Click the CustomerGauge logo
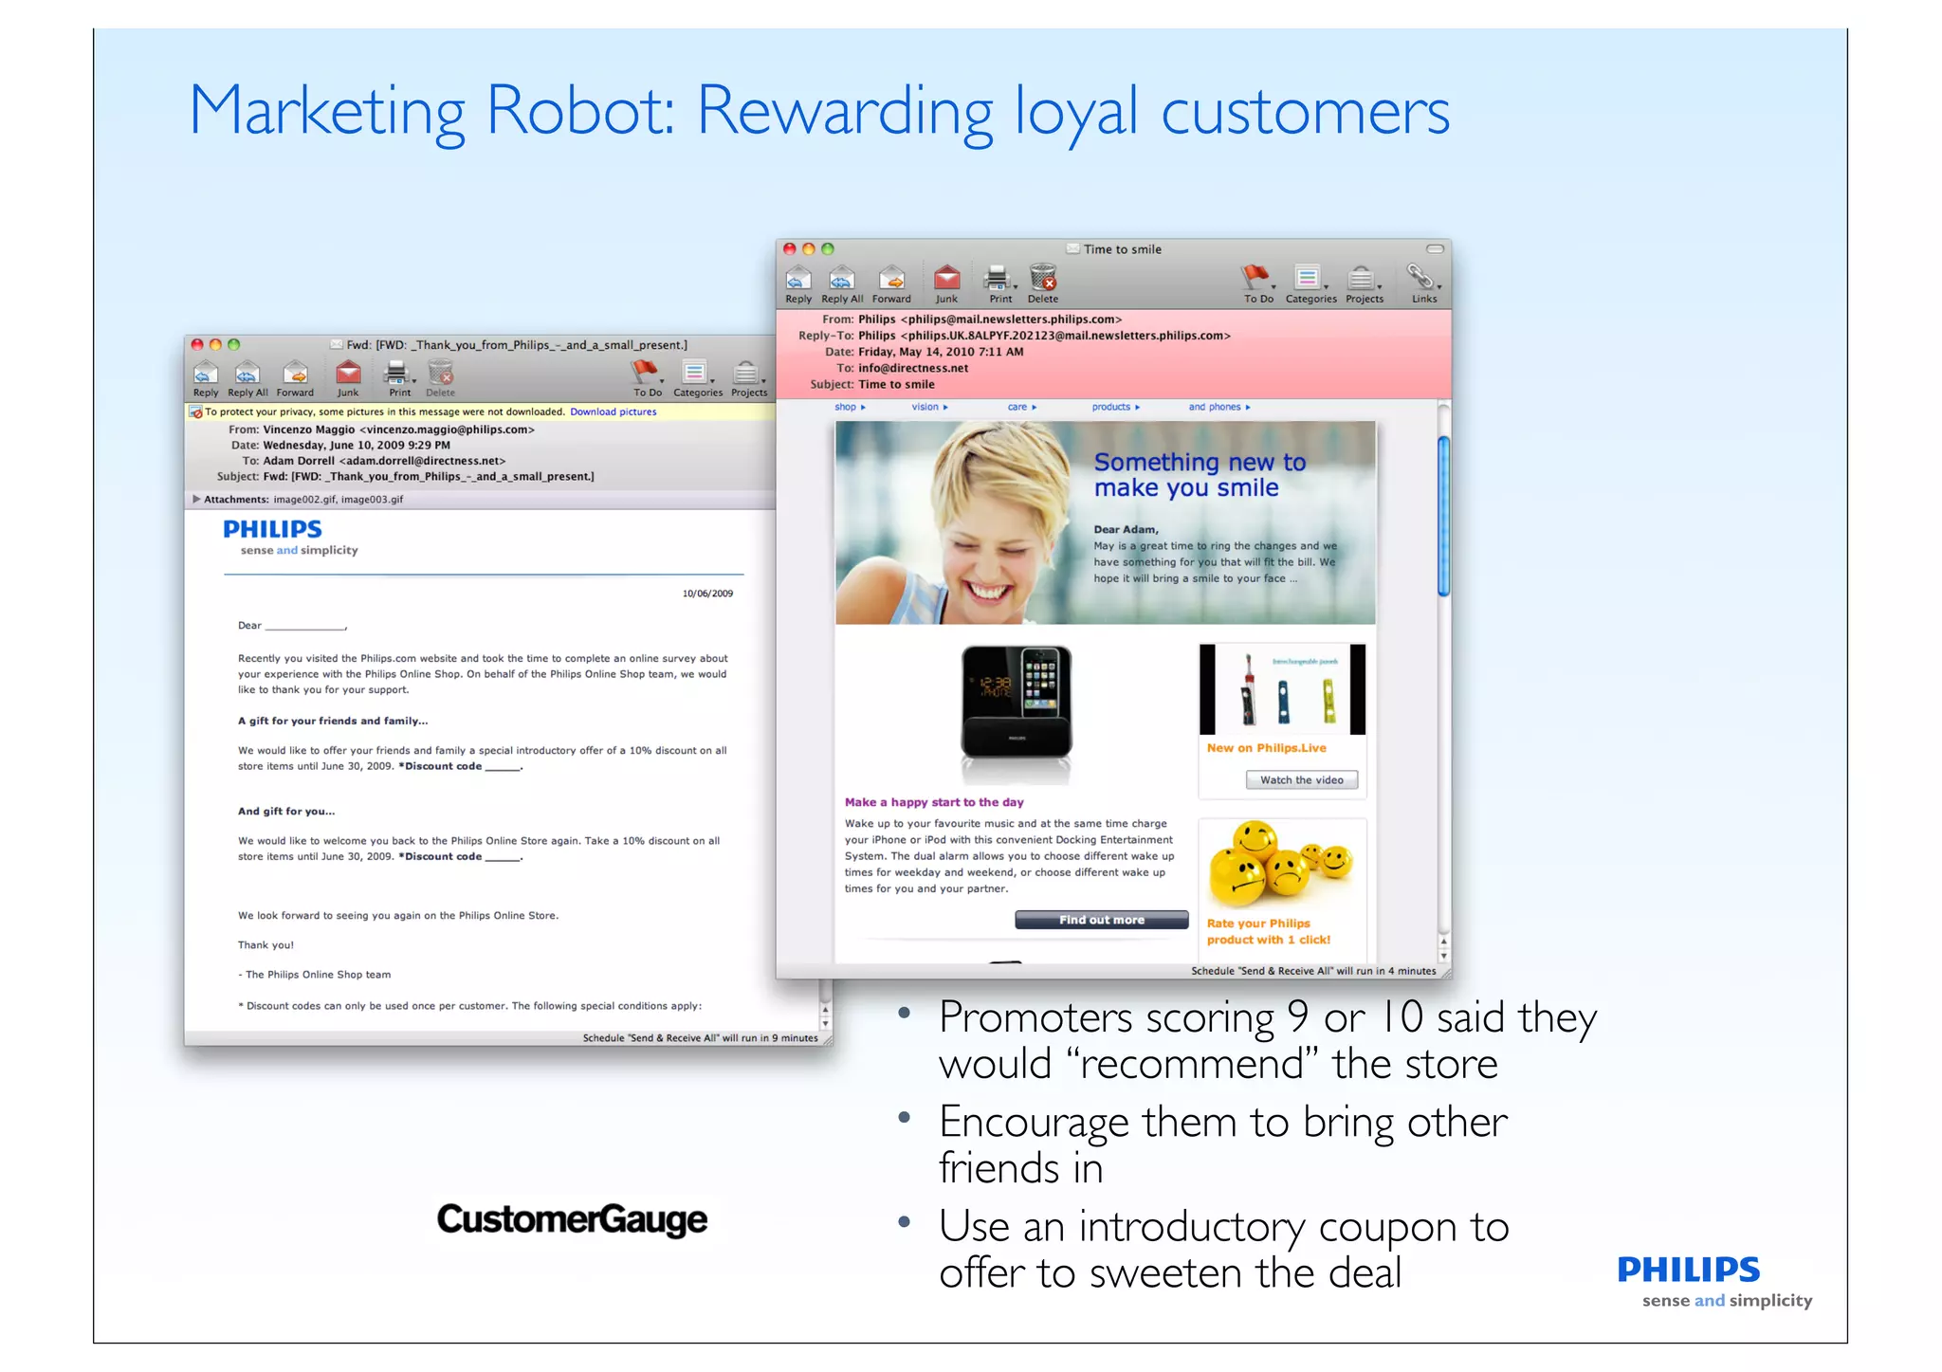(572, 1218)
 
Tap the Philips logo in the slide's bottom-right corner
(1688, 1271)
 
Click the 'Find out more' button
(1101, 920)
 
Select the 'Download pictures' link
(613, 412)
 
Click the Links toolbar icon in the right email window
(1422, 279)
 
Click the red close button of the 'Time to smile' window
(789, 249)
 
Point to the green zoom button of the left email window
(234, 345)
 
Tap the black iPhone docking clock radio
(1017, 702)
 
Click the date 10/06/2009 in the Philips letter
(707, 594)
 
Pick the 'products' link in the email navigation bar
(1111, 408)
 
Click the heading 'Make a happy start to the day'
(934, 802)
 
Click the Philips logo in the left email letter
(272, 529)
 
